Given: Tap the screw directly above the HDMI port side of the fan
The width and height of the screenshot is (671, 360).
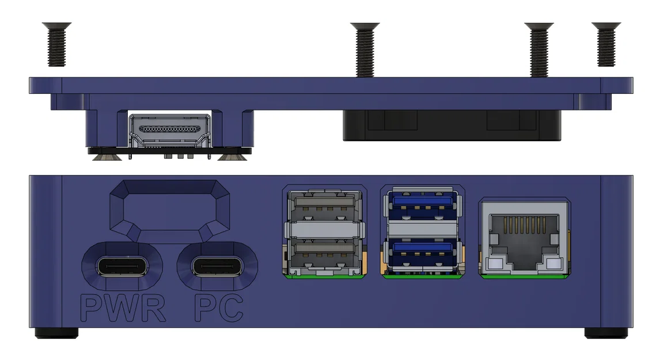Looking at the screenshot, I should pos(365,50).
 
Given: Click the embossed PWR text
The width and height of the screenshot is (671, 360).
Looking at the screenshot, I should pos(123,308).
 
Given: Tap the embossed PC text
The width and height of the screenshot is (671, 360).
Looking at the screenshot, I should pos(218,308).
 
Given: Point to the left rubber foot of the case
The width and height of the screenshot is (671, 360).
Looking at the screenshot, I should pos(56,333).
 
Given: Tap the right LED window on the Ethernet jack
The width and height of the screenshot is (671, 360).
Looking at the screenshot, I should pos(554,264).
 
